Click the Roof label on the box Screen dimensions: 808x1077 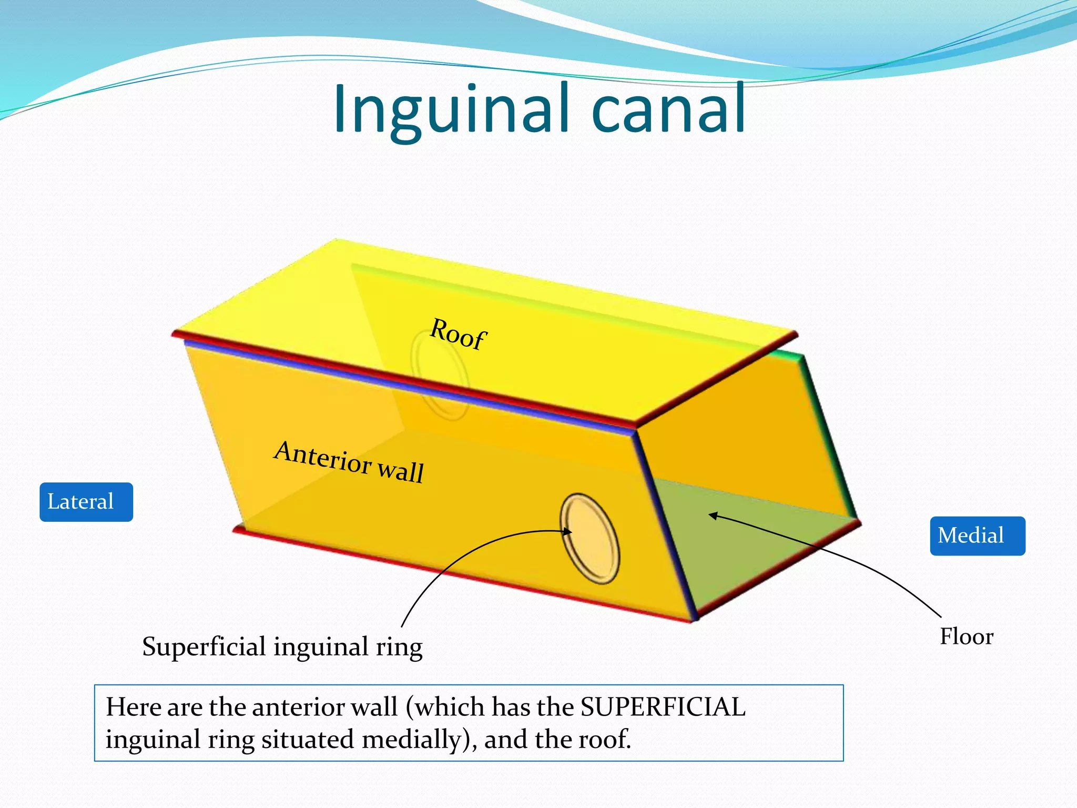[x=458, y=334]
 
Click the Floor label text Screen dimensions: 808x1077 [x=967, y=637]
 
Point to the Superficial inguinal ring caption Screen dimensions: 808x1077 [x=282, y=647]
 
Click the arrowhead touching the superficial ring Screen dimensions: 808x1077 [x=567, y=532]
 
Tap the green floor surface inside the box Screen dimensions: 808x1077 [x=747, y=547]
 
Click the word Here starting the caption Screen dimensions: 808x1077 [x=134, y=706]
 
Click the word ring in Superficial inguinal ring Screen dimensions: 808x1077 [x=399, y=647]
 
